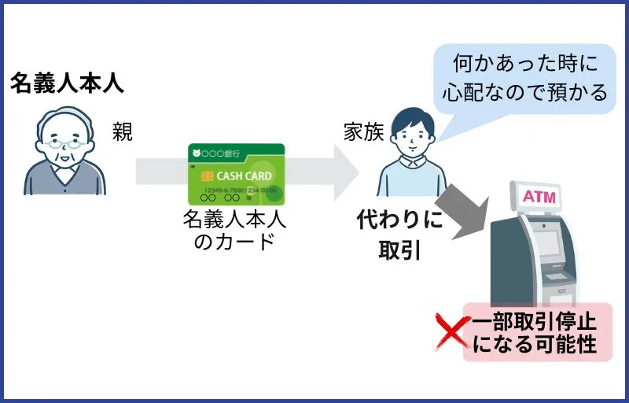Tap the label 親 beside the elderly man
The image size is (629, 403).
coord(123,132)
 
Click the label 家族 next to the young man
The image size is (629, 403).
coord(362,132)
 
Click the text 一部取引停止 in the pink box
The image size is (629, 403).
coord(535,321)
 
